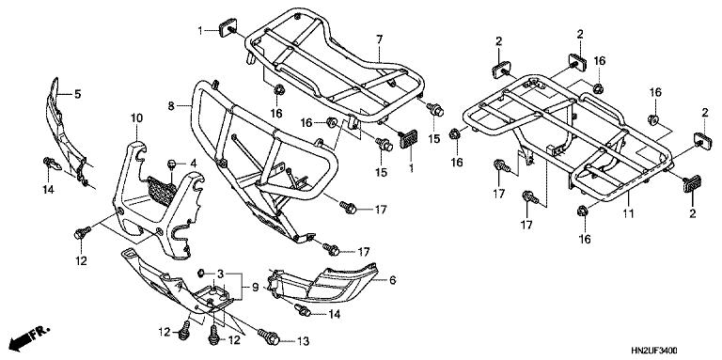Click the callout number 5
pyautogui.click(x=79, y=94)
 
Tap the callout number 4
pyautogui.click(x=193, y=164)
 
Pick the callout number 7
pyautogui.click(x=379, y=39)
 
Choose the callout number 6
pyautogui.click(x=392, y=280)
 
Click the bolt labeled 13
pyautogui.click(x=270, y=336)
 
